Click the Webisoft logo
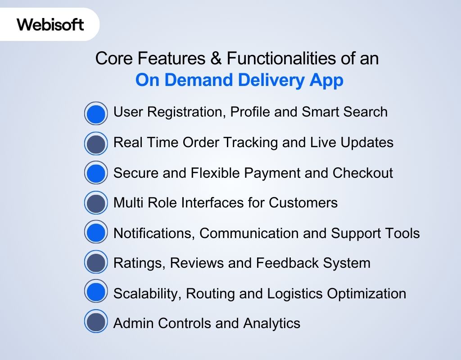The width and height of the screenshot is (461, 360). click(50, 24)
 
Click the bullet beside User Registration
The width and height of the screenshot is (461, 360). click(96, 113)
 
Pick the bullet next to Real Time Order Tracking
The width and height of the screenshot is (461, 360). click(96, 144)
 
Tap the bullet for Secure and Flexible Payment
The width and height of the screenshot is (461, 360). click(96, 174)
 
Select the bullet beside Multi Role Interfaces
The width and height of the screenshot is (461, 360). click(96, 203)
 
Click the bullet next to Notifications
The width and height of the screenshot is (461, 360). click(96, 234)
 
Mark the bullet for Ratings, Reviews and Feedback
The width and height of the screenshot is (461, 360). click(96, 263)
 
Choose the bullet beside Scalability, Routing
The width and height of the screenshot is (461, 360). click(96, 293)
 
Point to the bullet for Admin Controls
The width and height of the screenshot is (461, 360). click(96, 323)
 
